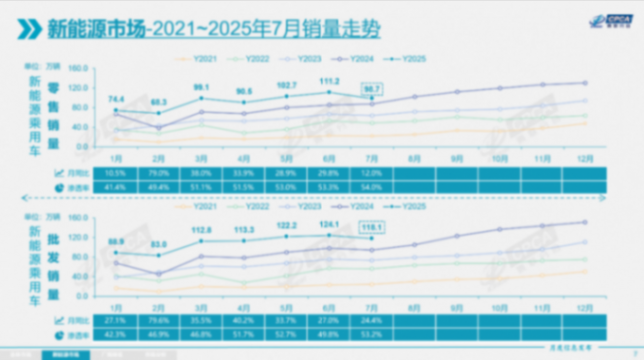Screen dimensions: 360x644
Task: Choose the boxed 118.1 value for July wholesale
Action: tap(372, 226)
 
